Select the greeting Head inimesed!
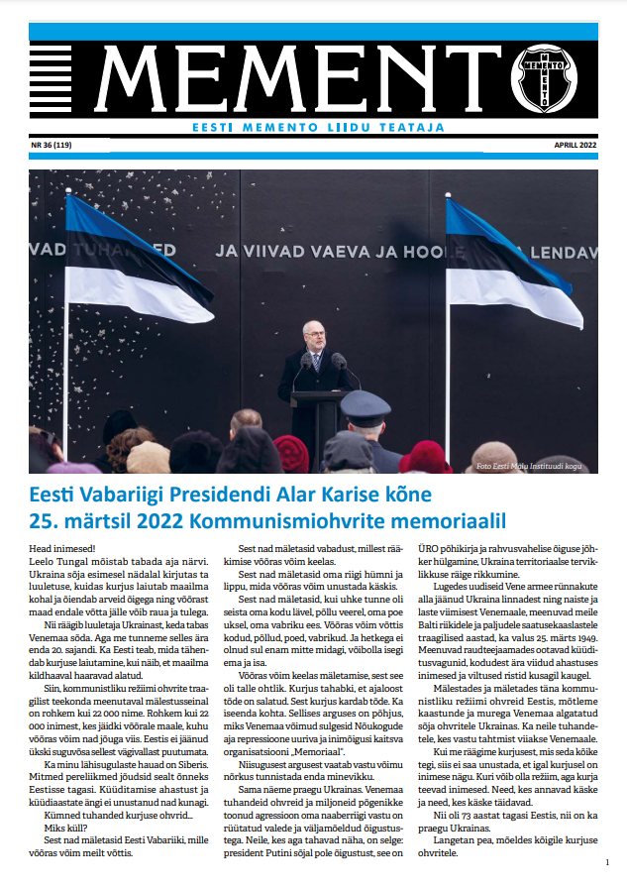click(x=60, y=547)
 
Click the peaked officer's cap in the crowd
click(x=366, y=407)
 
